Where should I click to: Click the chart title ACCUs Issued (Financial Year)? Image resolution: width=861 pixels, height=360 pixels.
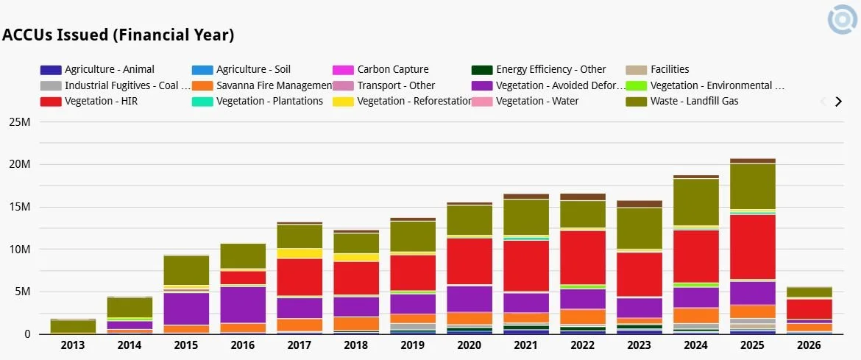pyautogui.click(x=118, y=35)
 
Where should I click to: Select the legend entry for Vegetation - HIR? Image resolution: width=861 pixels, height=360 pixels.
pyautogui.click(x=99, y=101)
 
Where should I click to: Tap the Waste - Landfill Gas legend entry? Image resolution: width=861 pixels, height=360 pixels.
pyautogui.click(x=694, y=101)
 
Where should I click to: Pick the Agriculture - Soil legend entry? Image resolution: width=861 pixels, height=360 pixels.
pyautogui.click(x=253, y=69)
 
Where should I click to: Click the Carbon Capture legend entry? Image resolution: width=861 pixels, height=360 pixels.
pyautogui.click(x=392, y=69)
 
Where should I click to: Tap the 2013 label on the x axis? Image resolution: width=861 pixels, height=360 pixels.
pyautogui.click(x=73, y=346)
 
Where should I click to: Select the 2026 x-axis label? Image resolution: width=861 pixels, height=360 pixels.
pyautogui.click(x=810, y=346)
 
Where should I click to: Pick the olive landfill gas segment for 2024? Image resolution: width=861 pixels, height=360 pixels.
pyautogui.click(x=697, y=202)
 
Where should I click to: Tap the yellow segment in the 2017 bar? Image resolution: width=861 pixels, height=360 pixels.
pyautogui.click(x=300, y=253)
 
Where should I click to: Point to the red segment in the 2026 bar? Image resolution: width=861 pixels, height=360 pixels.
pyautogui.click(x=809, y=309)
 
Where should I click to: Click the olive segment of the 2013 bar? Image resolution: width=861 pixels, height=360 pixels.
pyautogui.click(x=73, y=326)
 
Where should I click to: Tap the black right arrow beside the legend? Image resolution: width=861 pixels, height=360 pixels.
pyautogui.click(x=838, y=102)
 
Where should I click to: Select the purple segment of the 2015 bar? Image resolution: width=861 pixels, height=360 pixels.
pyautogui.click(x=186, y=308)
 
